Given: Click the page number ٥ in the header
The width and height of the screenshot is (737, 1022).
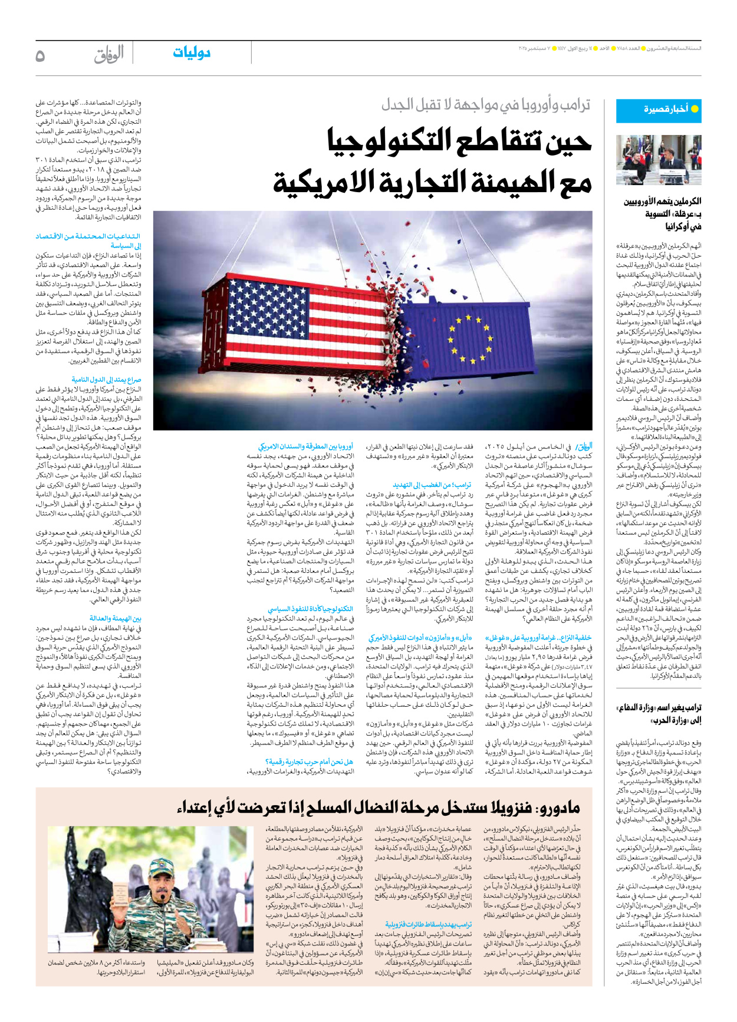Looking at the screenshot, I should (x=40, y=56).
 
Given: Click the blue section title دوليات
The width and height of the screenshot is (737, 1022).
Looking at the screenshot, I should (x=192, y=53).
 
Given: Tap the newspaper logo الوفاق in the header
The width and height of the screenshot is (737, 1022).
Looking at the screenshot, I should (x=109, y=54).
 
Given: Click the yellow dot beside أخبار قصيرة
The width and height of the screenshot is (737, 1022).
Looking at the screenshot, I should (x=695, y=109).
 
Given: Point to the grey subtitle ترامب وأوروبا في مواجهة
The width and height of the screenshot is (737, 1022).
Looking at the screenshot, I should (x=486, y=105).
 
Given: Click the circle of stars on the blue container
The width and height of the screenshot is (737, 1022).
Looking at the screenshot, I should (x=470, y=338).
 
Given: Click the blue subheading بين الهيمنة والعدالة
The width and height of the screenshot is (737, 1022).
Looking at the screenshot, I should (x=116, y=618).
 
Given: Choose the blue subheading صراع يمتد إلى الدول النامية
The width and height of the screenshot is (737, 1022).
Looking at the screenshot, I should (x=106, y=380).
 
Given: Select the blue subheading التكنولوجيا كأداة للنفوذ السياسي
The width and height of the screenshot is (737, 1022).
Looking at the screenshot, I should (x=311, y=609).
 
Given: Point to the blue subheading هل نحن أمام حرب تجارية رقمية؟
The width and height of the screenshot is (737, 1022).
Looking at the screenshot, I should (x=310, y=762).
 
